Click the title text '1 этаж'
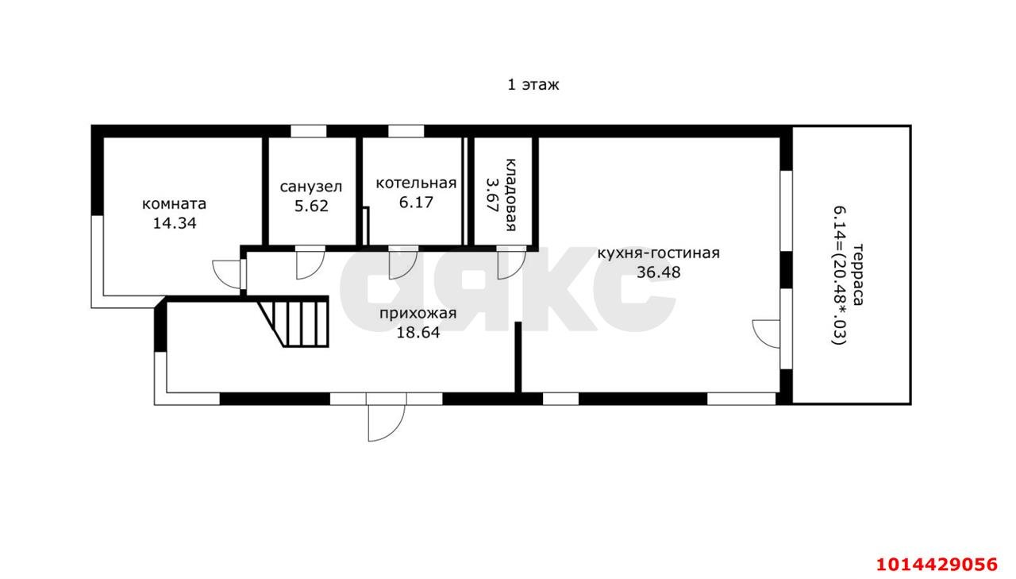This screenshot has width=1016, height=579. coord(533,85)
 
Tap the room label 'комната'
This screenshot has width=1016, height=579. coord(174,204)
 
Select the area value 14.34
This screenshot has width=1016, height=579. coord(175,223)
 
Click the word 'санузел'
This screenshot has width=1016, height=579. coord(310,187)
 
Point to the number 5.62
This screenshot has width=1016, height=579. coord(311,206)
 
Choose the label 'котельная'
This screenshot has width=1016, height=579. coord(416,183)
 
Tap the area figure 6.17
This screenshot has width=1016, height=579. coord(416,203)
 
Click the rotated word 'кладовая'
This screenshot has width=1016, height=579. coord(510,195)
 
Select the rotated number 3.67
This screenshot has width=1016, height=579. coord(491,195)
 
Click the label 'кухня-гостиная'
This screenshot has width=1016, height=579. coord(658,253)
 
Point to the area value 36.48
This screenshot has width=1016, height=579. coord(659,272)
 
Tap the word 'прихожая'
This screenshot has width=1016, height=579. coord(418,314)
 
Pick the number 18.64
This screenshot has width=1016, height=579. coord(418,333)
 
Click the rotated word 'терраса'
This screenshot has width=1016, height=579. coord(858,275)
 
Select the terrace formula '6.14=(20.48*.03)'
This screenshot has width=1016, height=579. coord(839,276)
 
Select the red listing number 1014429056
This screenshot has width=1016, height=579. coord(937,565)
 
